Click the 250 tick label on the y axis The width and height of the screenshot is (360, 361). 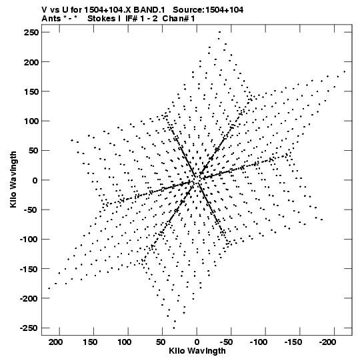point(31,33)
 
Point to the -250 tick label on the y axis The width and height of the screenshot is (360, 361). point(29,328)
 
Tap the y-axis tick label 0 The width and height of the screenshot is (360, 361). point(35,180)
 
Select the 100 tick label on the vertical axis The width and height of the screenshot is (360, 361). point(31,121)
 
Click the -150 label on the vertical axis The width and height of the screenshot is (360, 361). point(29,269)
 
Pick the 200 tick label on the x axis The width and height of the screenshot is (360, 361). point(55,342)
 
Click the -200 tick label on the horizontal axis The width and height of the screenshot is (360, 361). point(328,342)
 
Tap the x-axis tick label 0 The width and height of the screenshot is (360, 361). point(197,342)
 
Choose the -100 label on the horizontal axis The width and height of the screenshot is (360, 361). point(259,342)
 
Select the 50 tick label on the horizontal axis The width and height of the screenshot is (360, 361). point(161,342)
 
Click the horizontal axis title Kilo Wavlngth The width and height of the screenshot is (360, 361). point(197,351)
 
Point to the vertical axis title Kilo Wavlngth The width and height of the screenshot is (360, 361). point(13,179)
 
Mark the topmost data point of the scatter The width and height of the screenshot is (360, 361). point(220,32)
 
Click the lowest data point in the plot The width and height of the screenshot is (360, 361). point(174,328)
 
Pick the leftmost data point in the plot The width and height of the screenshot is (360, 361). point(49,288)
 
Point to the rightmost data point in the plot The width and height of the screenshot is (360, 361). point(345,72)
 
